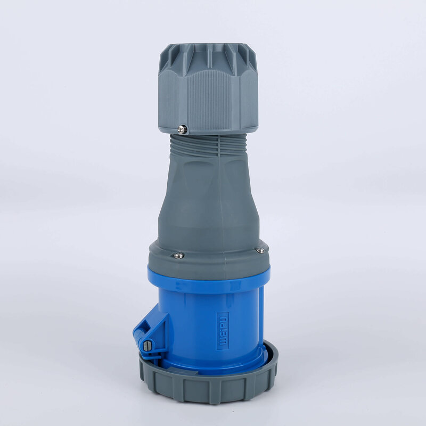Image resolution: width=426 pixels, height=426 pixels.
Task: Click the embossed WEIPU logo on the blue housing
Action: coord(222,331)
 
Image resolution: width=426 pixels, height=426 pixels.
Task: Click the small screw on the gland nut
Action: coord(183,128)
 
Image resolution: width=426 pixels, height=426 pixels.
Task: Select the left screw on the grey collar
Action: coord(178,256)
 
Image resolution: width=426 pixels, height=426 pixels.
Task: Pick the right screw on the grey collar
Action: coord(260,250)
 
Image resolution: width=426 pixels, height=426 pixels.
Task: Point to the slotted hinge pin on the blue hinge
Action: coord(148,346)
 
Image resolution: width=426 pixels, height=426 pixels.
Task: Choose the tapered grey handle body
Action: coord(208,202)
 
